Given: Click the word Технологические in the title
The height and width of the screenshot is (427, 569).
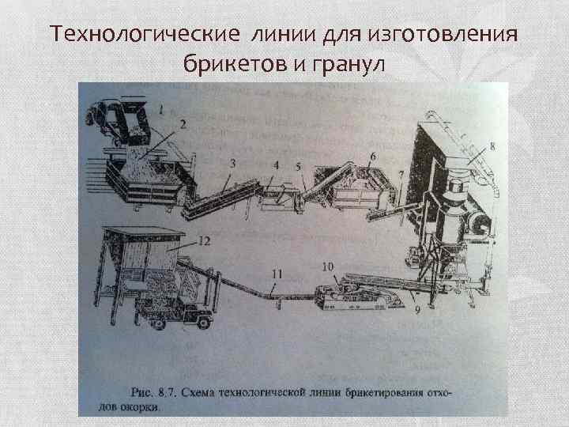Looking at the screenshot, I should (142, 36).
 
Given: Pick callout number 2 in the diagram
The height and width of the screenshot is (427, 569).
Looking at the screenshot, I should (183, 124).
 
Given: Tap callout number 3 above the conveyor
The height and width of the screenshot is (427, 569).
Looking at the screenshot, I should (232, 163).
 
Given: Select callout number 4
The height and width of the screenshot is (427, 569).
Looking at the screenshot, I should (277, 164).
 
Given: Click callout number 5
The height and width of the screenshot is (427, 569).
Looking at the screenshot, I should (299, 167).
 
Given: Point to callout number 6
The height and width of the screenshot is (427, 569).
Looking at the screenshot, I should (371, 157).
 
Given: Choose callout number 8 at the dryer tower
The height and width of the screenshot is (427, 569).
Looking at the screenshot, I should (492, 145).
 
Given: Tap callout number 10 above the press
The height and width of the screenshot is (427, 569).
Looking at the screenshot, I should (328, 266).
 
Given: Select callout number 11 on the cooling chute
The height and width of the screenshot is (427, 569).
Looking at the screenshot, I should (277, 274).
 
